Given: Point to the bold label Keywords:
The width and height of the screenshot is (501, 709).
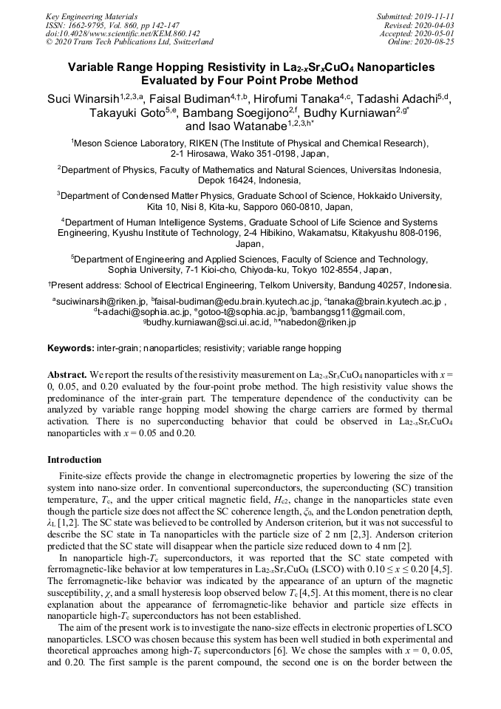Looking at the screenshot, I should click(x=71, y=348).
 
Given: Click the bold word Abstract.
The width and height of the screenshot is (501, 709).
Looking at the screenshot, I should click(x=68, y=375).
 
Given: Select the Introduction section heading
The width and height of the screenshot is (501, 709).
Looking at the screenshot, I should click(x=75, y=460).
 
